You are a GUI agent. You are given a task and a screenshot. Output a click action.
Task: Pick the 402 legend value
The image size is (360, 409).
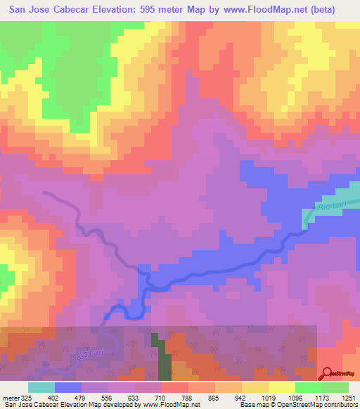[x=54, y=397]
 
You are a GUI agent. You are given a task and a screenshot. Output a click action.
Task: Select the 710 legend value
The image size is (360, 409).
[x=162, y=397]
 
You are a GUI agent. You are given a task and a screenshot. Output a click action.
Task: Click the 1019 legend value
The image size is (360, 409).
[x=269, y=397]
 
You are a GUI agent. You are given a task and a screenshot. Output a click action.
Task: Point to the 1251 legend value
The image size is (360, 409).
[x=349, y=397]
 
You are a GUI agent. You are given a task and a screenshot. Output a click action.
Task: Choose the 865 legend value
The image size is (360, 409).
[x=215, y=397]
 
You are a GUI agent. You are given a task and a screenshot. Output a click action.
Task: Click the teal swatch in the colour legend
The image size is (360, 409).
[x=41, y=387]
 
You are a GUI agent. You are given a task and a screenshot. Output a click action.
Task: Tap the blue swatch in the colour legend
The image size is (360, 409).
[x=67, y=387]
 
